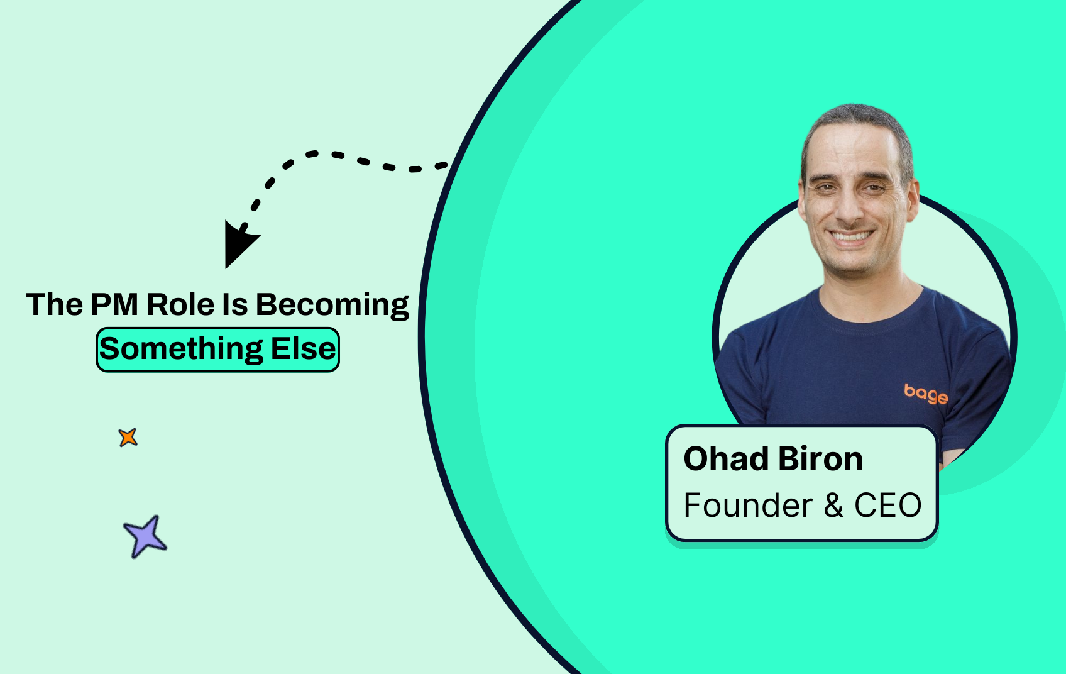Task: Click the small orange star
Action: pyautogui.click(x=128, y=438)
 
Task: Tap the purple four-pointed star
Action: pyautogui.click(x=145, y=537)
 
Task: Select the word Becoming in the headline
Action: pyautogui.click(x=332, y=305)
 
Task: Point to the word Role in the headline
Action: pyautogui.click(x=180, y=304)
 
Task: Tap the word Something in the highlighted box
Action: pyautogui.click(x=181, y=349)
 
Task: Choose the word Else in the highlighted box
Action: pyautogui.click(x=303, y=348)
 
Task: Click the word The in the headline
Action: pyautogui.click(x=54, y=304)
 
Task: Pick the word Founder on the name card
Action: pyautogui.click(x=748, y=505)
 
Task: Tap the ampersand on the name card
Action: pyautogui.click(x=833, y=505)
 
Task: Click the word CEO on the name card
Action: pyautogui.click(x=888, y=505)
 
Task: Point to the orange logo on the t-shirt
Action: pyautogui.click(x=926, y=394)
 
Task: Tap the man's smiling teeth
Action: pyautogui.click(x=850, y=236)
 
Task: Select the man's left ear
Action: pyautogui.click(x=911, y=200)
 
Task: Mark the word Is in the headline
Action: pyautogui.click(x=235, y=304)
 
